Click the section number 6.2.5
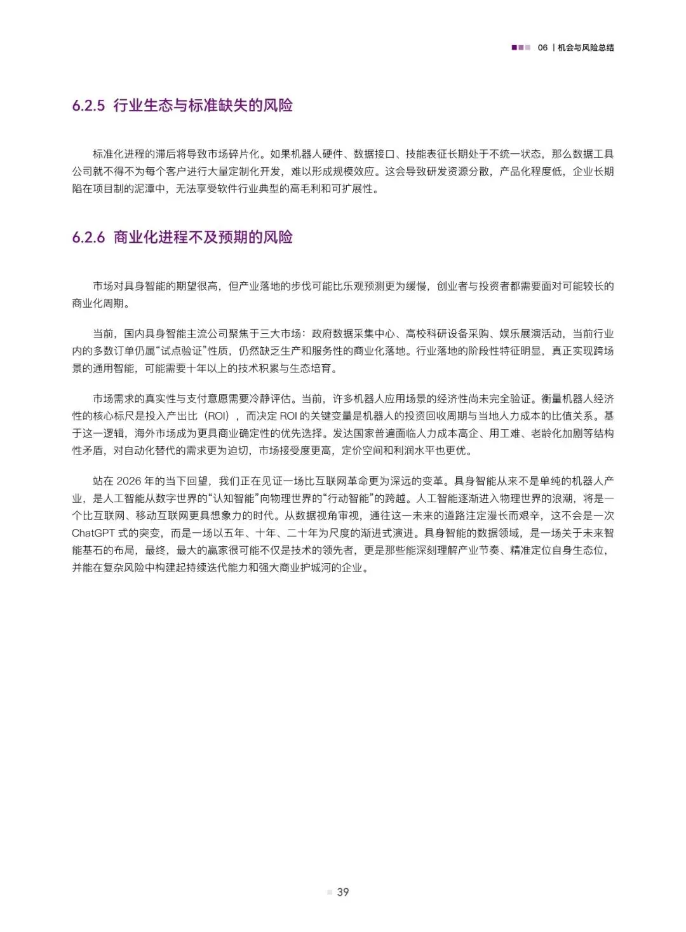pyautogui.click(x=88, y=106)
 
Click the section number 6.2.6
pyautogui.click(x=88, y=238)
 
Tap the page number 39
pyautogui.click(x=343, y=892)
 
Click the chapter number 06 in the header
pyautogui.click(x=542, y=48)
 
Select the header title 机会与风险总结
pyautogui.click(x=586, y=48)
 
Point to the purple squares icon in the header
pyautogui.click(x=521, y=48)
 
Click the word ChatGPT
pyautogui.click(x=94, y=533)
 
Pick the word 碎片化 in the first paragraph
pyautogui.click(x=244, y=154)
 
